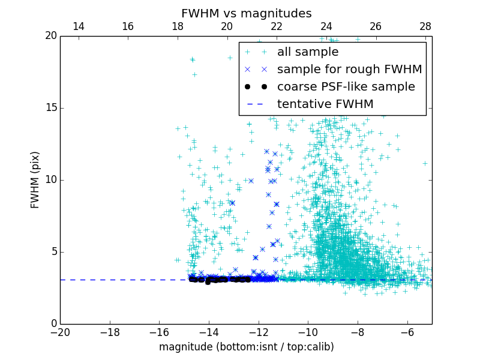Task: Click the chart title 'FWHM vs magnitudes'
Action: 246,13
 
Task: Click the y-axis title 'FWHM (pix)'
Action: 35,180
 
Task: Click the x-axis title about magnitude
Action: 246,347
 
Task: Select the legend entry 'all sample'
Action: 307,52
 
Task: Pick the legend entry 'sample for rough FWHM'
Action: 349,69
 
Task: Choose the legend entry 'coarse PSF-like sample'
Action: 346,86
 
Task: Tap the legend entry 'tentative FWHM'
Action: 325,104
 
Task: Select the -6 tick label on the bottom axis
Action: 407,332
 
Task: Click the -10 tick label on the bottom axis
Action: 308,332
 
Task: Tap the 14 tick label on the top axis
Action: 78,26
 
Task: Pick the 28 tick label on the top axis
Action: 425,26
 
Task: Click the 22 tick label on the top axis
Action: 277,26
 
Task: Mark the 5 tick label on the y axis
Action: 53,252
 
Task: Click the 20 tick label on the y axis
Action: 50,36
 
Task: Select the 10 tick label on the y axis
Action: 50,180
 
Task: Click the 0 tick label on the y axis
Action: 53,324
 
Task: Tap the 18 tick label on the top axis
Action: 178,26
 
